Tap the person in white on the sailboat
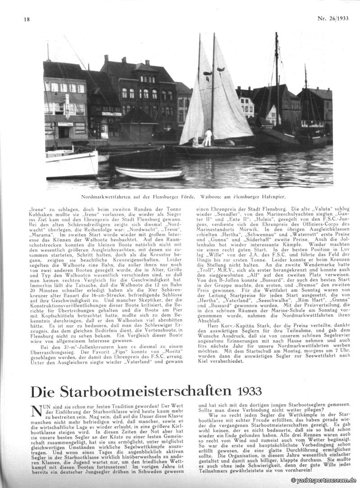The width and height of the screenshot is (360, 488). point(208,137)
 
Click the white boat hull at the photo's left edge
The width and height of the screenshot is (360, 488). point(71,164)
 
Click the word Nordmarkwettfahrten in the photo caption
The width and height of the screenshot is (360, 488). point(107,196)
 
